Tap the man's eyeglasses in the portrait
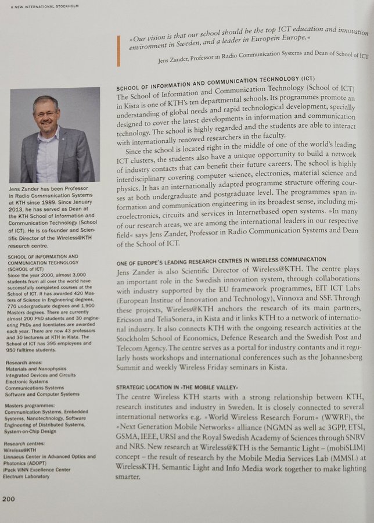point(46,113)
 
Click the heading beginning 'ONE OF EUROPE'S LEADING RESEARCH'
point(221,259)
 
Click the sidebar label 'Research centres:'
point(26,443)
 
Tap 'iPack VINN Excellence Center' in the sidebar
point(37,470)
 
